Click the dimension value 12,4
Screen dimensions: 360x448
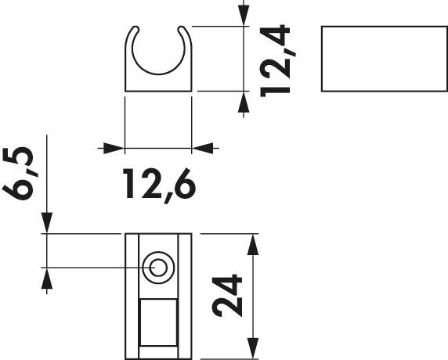[x=278, y=60]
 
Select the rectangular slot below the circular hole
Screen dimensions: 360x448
[x=158, y=324]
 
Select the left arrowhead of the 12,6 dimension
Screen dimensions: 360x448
[x=114, y=146]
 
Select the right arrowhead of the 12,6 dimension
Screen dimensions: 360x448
[x=203, y=146]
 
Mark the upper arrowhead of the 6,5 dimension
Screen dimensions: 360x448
[x=48, y=222]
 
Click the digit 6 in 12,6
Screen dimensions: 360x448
[x=181, y=183]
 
